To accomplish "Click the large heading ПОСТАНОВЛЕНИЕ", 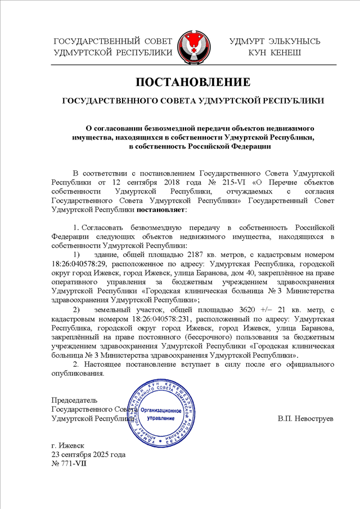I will (x=193, y=82).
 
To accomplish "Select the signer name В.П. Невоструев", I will (x=306, y=419).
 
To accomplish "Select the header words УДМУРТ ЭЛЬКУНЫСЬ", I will (x=275, y=42).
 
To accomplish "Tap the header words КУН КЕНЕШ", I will (x=275, y=52).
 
